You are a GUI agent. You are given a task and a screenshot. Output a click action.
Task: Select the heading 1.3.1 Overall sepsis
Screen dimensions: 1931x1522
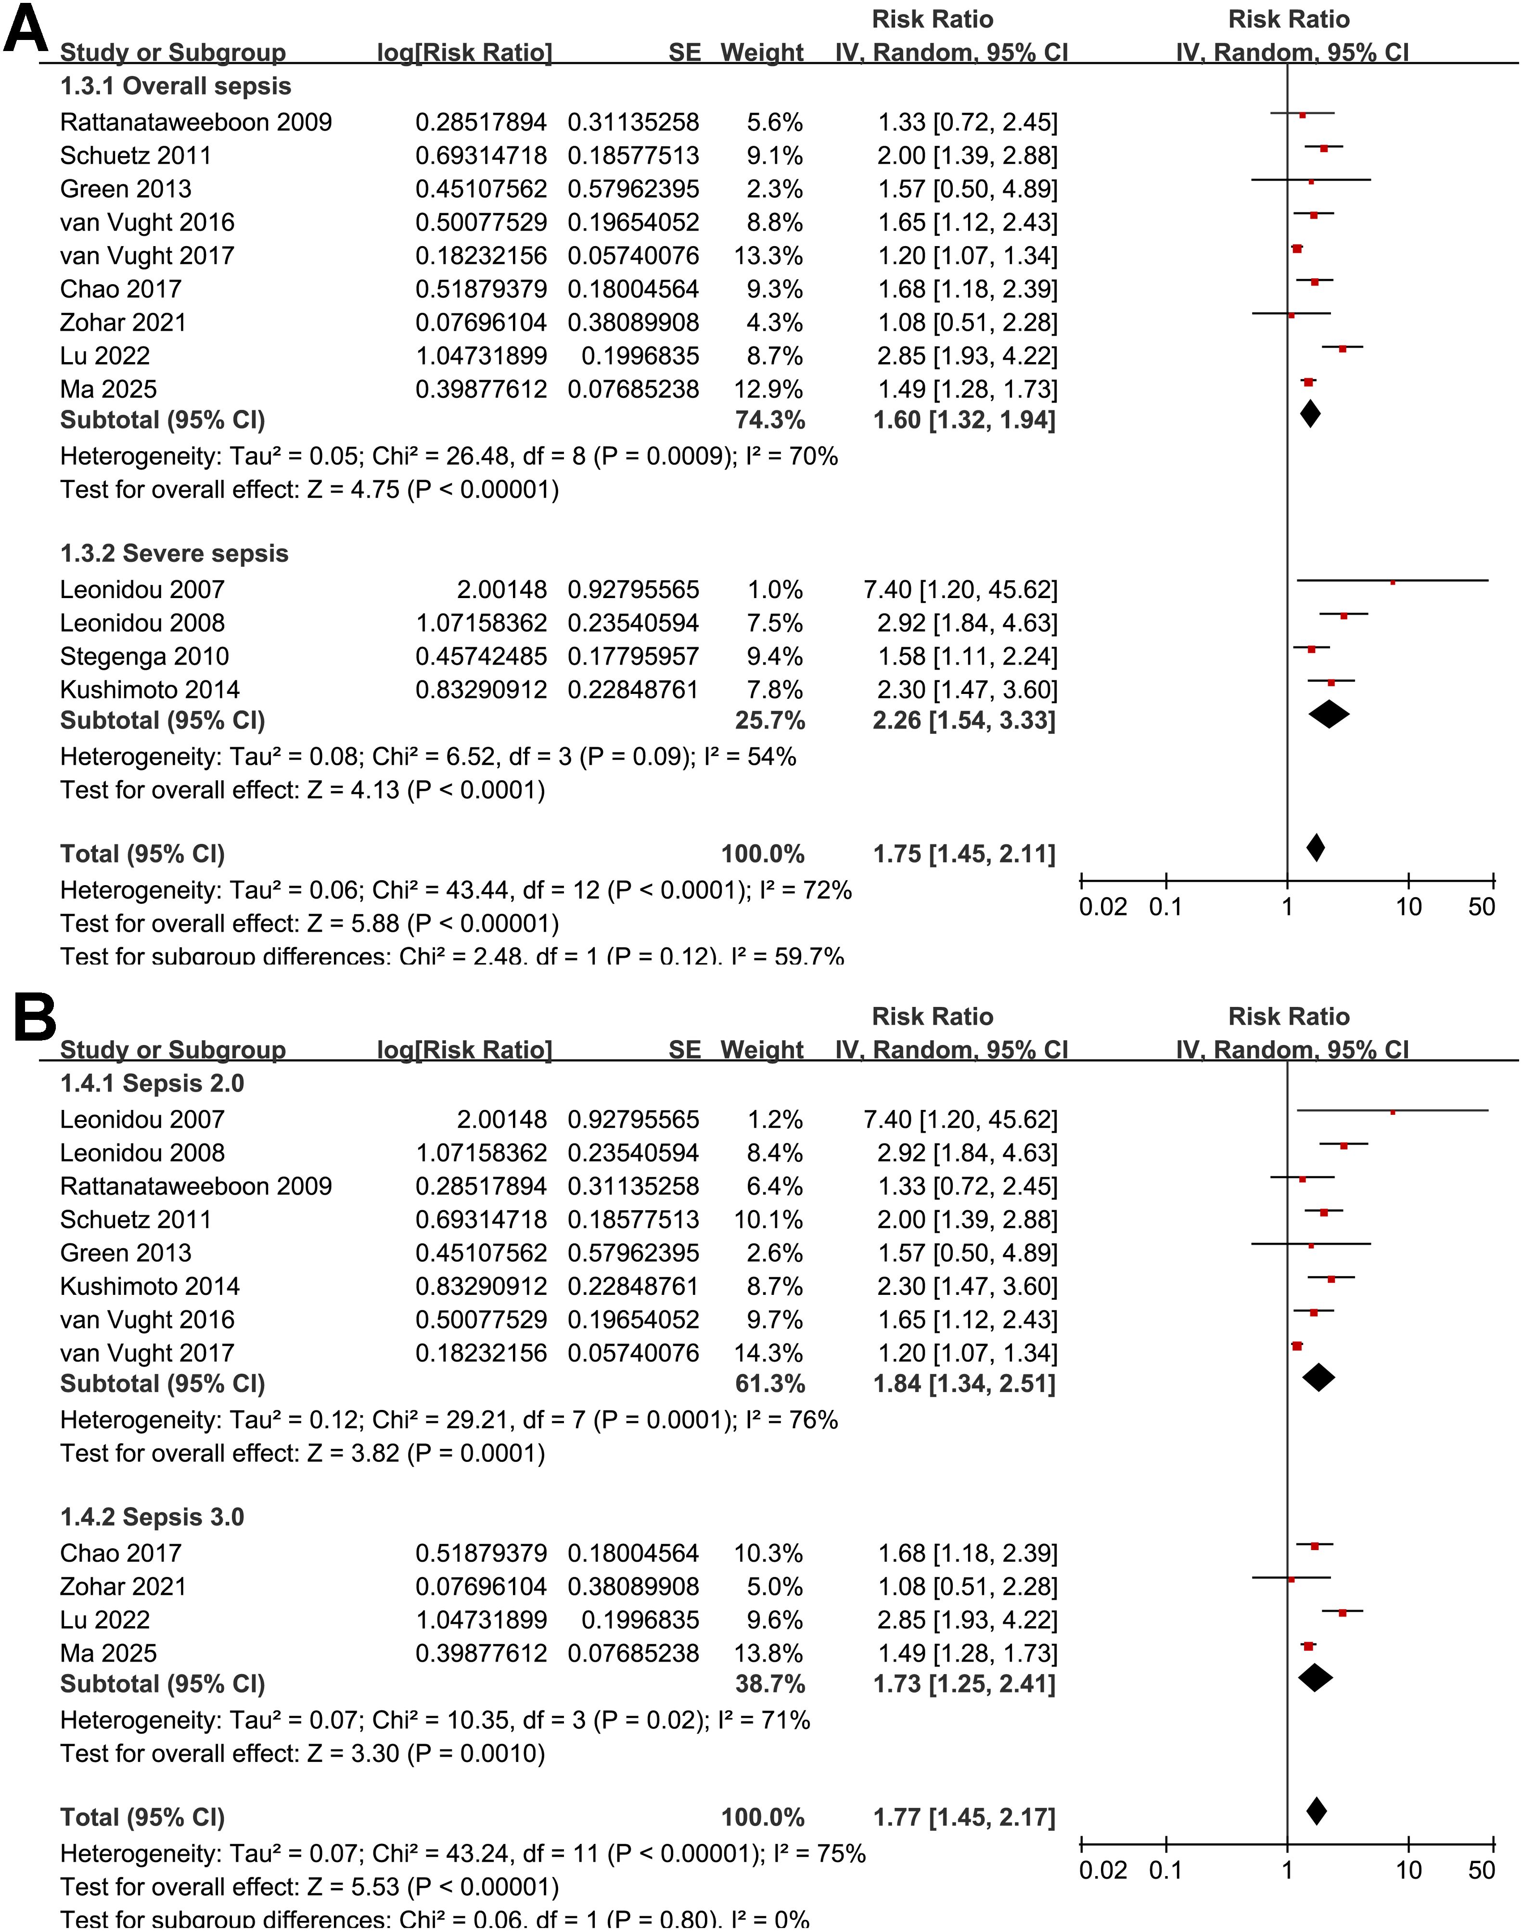(176, 87)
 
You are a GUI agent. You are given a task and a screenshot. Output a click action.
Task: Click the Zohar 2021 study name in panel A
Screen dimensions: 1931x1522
(123, 323)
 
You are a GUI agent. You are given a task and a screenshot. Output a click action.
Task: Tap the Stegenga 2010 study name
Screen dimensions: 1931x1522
(144, 657)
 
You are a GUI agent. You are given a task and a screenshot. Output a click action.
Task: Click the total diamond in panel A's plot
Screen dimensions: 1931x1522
(1315, 848)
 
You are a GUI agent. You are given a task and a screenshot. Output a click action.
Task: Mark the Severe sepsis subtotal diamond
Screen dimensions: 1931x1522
(1329, 714)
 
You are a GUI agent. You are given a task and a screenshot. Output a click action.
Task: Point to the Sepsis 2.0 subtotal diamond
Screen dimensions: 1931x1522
(1319, 1377)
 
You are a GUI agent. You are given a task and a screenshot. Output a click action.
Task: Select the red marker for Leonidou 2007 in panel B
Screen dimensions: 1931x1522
(1393, 1112)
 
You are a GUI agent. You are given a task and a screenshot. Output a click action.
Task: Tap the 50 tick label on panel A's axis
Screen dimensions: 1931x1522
(1481, 908)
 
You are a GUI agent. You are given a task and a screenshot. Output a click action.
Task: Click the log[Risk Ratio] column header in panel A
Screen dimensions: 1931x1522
(464, 53)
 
